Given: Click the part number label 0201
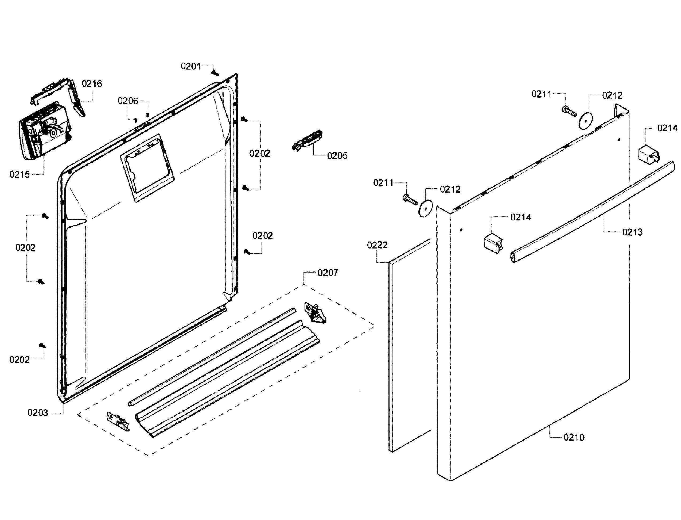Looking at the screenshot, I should click(190, 66).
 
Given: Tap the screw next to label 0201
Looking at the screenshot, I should click(215, 73).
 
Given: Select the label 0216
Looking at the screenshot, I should click(92, 84).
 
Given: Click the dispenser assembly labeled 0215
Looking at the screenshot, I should click(43, 131).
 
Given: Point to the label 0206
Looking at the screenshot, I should click(128, 101).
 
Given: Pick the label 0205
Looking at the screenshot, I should click(337, 156).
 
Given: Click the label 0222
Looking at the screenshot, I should click(377, 246).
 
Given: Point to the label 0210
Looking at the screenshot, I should click(574, 438).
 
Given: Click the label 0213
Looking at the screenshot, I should click(632, 232).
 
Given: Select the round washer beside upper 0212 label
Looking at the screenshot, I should click(586, 121).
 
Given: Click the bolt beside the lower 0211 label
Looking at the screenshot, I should click(410, 200).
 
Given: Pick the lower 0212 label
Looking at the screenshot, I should click(450, 189).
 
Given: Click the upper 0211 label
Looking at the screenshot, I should click(541, 94).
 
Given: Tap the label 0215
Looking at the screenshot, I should click(20, 175).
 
